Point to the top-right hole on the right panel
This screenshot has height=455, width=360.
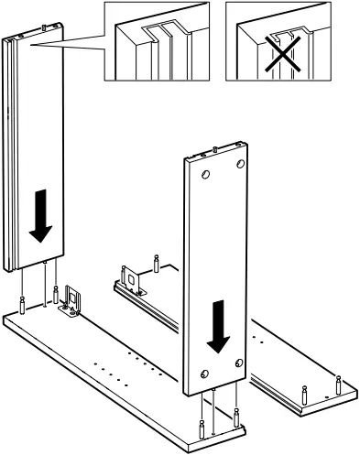pyautogui.click(x=241, y=163)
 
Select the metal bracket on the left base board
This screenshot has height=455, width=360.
pyautogui.click(x=71, y=303)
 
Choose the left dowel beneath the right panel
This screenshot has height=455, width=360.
pyautogui.click(x=201, y=427)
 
